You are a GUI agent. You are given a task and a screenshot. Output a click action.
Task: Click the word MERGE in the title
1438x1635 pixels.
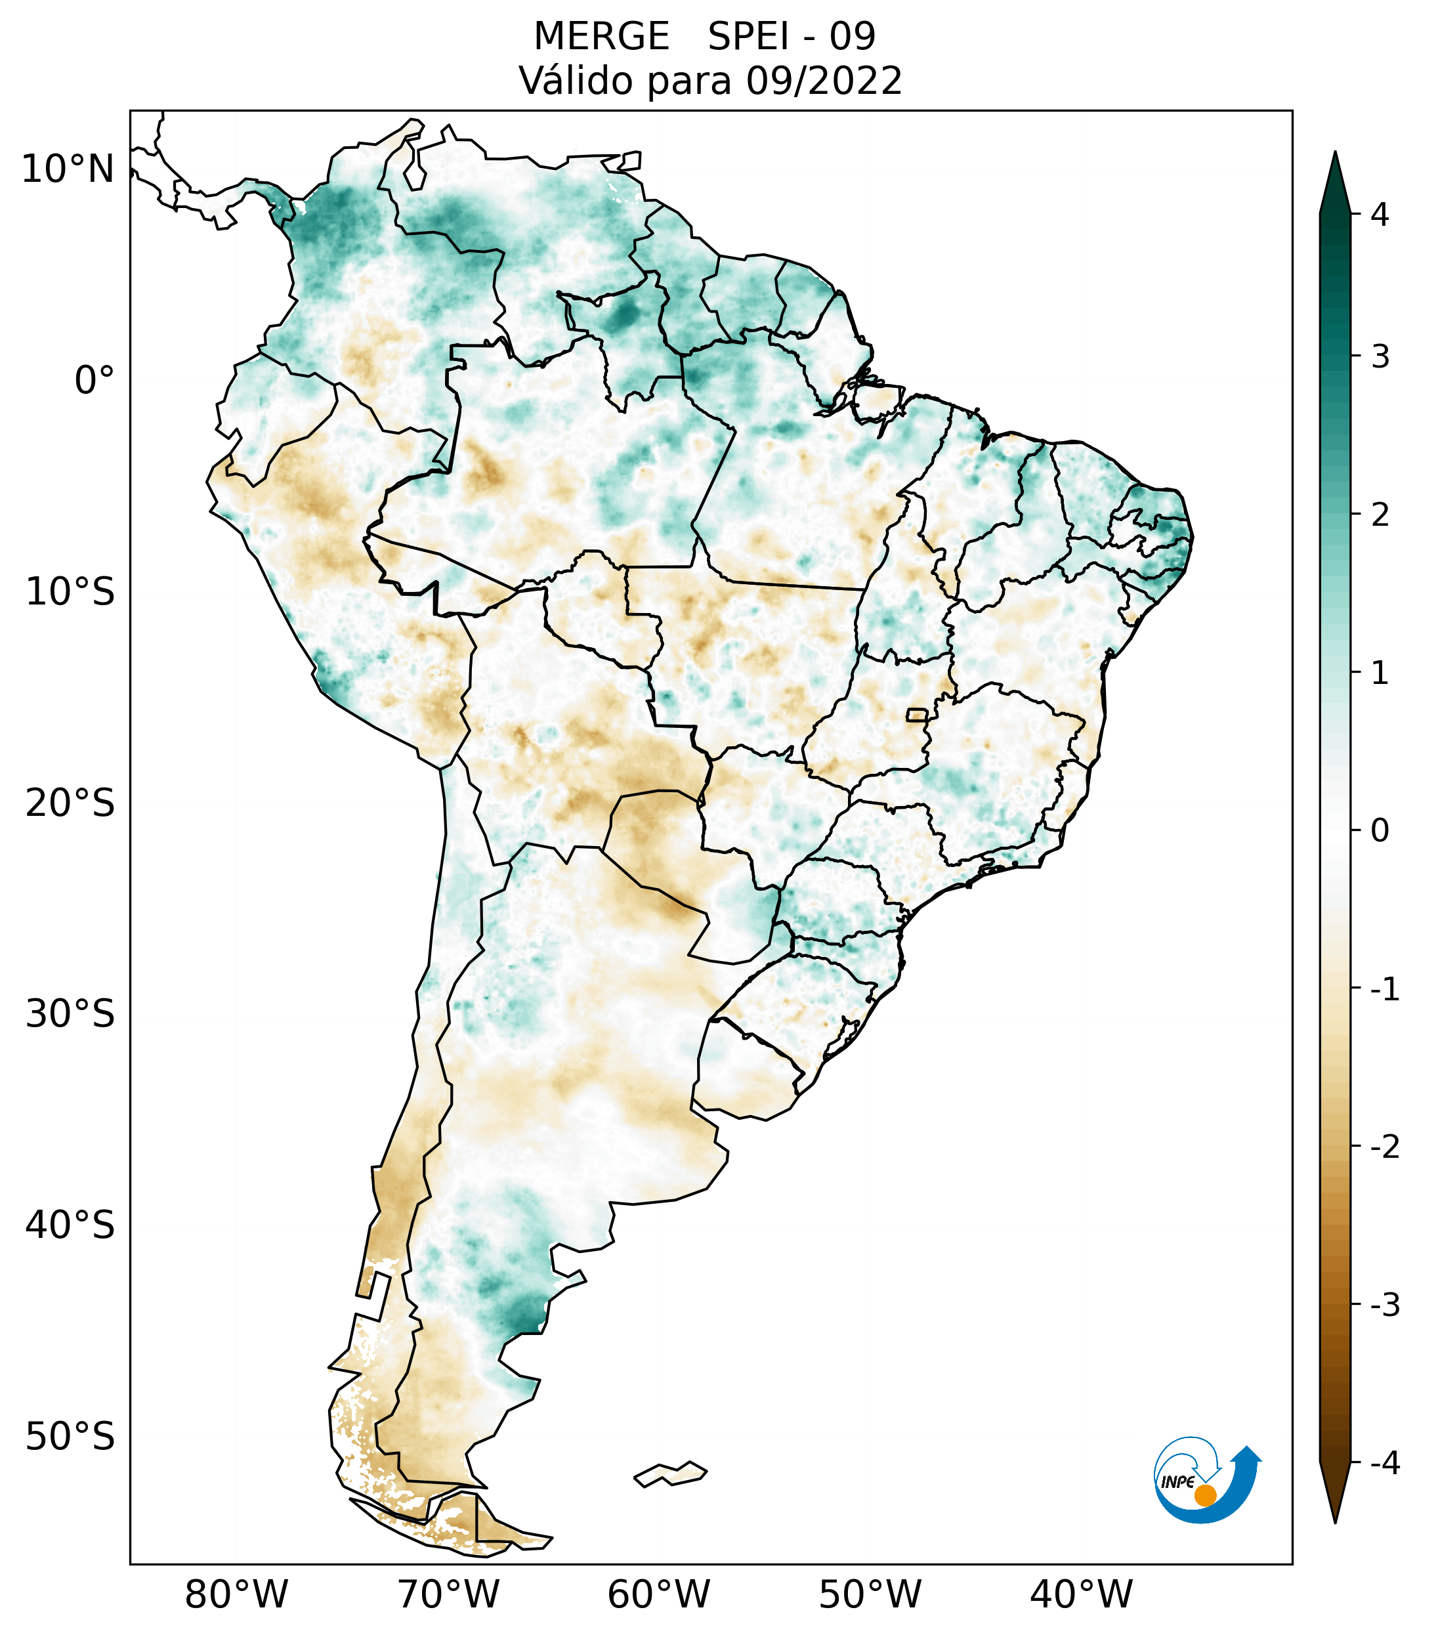pyautogui.click(x=601, y=37)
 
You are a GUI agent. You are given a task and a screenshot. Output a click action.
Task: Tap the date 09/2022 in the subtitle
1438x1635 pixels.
pyautogui.click(x=824, y=81)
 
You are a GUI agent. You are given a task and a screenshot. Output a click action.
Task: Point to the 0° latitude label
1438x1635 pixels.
pyautogui.click(x=95, y=381)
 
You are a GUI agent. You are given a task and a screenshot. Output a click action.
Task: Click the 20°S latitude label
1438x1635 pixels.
pyautogui.click(x=70, y=803)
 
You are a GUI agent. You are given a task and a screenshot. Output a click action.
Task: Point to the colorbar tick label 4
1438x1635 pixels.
pyautogui.click(x=1380, y=215)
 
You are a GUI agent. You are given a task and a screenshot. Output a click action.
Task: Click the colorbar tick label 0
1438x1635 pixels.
pyautogui.click(x=1380, y=831)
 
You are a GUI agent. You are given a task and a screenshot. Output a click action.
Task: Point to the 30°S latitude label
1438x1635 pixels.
pyautogui.click(x=70, y=1014)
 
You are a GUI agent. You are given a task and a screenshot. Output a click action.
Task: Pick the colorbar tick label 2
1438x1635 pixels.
pyautogui.click(x=1380, y=515)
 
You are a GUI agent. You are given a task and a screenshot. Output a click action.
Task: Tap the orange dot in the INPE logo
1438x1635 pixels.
pyautogui.click(x=1204, y=1495)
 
